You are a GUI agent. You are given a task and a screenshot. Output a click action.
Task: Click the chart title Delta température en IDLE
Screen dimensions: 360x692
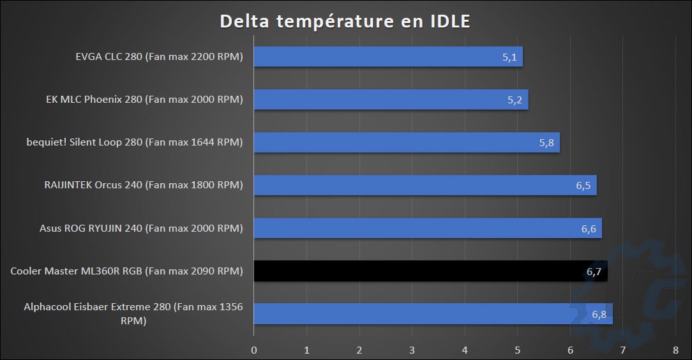(x=345, y=21)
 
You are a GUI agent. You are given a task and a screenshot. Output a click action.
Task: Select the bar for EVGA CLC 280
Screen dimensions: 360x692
(x=388, y=57)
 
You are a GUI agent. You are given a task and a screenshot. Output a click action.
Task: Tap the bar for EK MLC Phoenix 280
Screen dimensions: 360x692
(x=391, y=100)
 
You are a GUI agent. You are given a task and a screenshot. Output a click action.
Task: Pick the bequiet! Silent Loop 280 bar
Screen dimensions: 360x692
(x=407, y=142)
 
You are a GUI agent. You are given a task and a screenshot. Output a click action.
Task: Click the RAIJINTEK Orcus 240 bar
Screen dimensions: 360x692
(x=425, y=186)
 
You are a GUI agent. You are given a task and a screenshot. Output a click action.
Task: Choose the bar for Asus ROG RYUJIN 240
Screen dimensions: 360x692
(x=428, y=228)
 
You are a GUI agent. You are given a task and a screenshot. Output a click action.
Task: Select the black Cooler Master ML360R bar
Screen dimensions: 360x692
(x=430, y=271)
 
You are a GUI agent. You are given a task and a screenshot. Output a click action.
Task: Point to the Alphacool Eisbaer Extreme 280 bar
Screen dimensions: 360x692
(x=433, y=313)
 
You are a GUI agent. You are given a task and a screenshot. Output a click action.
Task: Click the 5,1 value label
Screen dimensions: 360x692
(x=509, y=57)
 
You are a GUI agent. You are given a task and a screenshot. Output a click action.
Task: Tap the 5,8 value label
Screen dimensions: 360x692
(x=546, y=142)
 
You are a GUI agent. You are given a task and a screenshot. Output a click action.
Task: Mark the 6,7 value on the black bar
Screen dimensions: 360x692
(x=594, y=272)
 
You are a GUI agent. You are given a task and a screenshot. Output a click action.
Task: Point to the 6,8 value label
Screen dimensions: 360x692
(x=599, y=314)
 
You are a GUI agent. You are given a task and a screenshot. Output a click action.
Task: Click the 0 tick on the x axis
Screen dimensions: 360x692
(x=254, y=350)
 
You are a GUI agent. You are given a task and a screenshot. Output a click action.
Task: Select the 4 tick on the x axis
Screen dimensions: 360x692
(x=465, y=350)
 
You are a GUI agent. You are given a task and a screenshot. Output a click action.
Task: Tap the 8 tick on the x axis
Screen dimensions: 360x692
(x=675, y=350)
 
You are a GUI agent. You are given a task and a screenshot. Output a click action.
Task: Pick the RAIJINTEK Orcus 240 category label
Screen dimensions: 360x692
(x=144, y=186)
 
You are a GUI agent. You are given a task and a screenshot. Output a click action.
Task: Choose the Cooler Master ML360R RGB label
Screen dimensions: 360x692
(x=127, y=271)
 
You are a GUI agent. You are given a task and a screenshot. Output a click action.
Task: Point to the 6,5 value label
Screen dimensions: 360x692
(x=583, y=186)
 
